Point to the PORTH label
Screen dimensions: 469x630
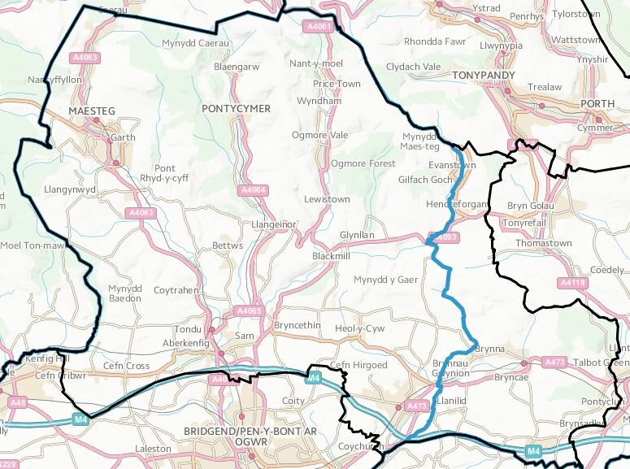click(x=598, y=103)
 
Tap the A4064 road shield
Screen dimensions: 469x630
click(x=254, y=189)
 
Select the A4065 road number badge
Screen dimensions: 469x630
click(x=250, y=310)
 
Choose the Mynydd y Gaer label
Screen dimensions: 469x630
click(x=385, y=280)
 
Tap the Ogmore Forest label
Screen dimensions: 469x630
click(x=363, y=163)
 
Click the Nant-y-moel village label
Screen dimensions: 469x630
click(x=316, y=63)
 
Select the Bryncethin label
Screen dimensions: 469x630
click(x=298, y=325)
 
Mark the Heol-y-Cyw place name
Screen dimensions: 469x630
click(x=359, y=328)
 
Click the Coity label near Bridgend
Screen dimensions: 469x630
click(x=292, y=401)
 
